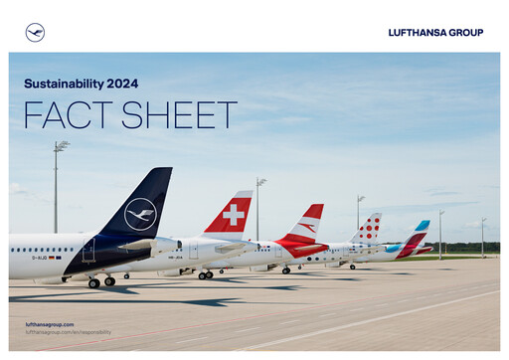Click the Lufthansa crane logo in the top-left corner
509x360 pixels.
(x=35, y=32)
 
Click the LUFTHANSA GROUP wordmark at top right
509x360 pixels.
(x=435, y=33)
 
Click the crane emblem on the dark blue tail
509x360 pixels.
(x=141, y=214)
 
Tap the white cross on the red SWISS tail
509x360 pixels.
(x=235, y=214)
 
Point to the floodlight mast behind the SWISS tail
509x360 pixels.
(x=257, y=204)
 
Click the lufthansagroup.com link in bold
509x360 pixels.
(x=49, y=324)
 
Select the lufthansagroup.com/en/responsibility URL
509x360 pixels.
(x=68, y=332)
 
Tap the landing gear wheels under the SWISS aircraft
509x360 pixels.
(x=205, y=274)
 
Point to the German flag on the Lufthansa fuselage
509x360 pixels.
(x=56, y=258)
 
